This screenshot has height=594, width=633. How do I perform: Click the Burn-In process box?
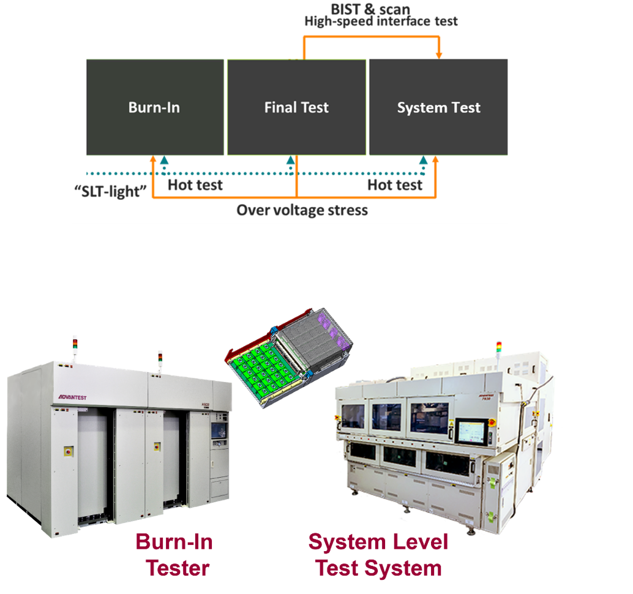(154, 108)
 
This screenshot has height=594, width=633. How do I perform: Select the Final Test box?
(296, 108)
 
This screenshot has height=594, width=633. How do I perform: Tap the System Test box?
(438, 108)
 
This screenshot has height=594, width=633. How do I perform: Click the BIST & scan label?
(370, 9)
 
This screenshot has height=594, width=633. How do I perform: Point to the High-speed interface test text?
(381, 22)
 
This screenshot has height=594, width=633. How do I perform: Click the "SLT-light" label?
(110, 190)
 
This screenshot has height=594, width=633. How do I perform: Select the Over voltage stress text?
(302, 211)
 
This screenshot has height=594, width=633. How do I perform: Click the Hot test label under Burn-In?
(195, 185)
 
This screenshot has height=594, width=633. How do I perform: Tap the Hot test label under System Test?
(395, 185)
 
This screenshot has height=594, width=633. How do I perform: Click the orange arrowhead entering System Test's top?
(439, 56)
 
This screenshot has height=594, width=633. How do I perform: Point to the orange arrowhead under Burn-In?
(152, 159)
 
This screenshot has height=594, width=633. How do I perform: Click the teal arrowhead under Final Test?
(291, 160)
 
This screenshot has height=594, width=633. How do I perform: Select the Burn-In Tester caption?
(175, 555)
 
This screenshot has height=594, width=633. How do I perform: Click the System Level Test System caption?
(378, 555)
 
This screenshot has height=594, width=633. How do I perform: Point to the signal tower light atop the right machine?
(499, 347)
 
